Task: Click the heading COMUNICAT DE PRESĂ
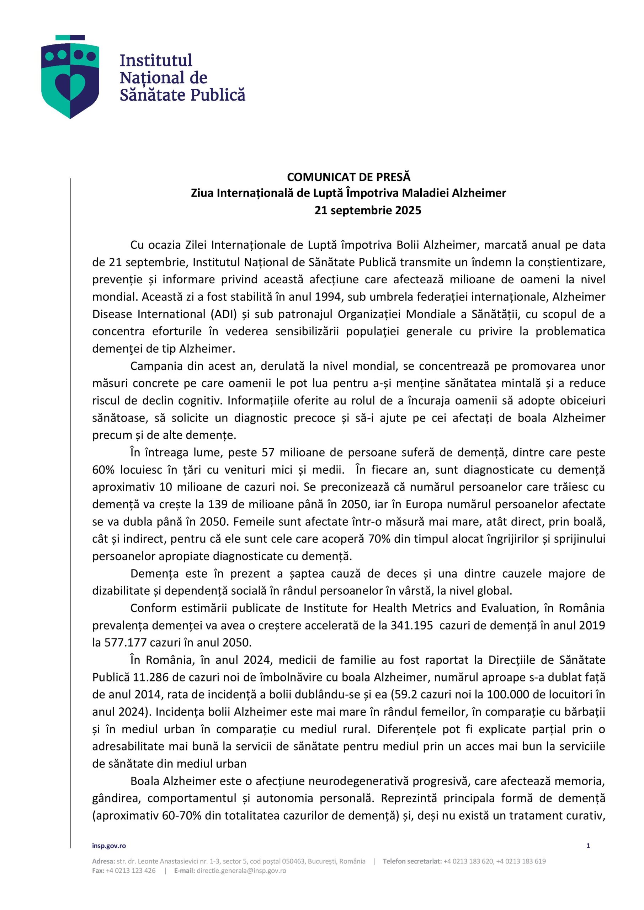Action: [x=348, y=177]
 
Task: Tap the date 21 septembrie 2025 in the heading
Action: [x=368, y=210]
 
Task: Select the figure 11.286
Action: [x=149, y=678]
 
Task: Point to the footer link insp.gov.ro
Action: [x=109, y=846]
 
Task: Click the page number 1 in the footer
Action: [x=588, y=846]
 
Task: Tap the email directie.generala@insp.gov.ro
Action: [x=241, y=871]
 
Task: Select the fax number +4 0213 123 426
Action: [x=131, y=871]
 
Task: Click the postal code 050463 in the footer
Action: [x=293, y=861]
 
